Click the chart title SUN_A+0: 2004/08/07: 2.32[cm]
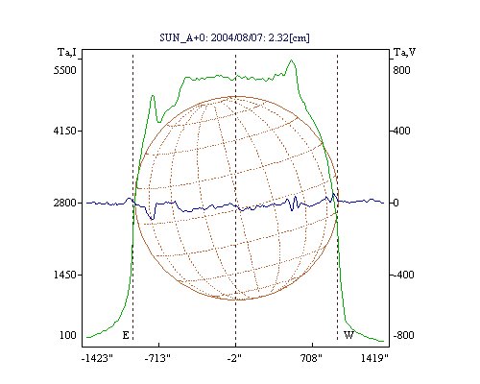tap(234, 37)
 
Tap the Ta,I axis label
tap(67, 52)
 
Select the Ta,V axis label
tap(404, 52)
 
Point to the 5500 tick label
tap(65, 70)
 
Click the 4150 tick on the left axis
tap(65, 131)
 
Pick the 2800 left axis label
tap(65, 203)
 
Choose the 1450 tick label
tap(65, 275)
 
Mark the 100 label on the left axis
tap(68, 335)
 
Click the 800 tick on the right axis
tap(401, 70)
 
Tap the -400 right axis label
tap(403, 275)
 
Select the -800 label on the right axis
tap(403, 335)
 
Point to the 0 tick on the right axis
tap(396, 203)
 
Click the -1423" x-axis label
tap(97, 358)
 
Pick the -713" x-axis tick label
tap(157, 358)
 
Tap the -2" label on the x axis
tap(234, 358)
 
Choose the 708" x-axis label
tap(310, 358)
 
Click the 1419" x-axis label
tap(374, 358)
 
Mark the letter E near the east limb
tap(126, 335)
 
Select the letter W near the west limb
tap(348, 335)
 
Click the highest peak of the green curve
tap(291, 60)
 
